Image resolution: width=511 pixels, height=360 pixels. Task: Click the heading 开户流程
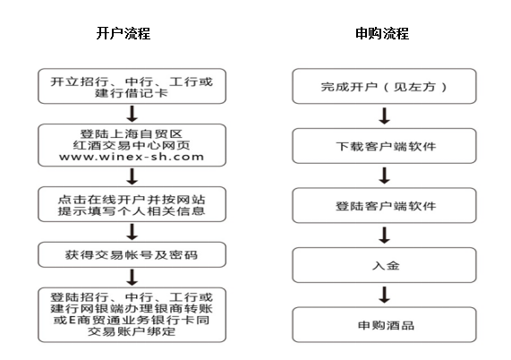coord(123,33)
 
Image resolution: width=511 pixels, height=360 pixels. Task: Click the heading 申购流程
coord(382,33)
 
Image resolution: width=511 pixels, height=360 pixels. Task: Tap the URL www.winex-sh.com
coord(132,157)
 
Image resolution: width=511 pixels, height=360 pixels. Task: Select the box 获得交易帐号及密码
coord(132,254)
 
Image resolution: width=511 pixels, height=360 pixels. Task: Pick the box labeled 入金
coord(384,265)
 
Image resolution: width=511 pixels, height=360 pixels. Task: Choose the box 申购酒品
coord(384,325)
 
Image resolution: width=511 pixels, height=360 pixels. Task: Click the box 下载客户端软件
coord(384,146)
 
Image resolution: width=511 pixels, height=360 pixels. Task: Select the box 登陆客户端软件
coord(384,205)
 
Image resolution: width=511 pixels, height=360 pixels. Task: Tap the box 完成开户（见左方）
coord(384,86)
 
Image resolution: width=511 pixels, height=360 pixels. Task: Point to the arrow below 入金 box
coord(385,295)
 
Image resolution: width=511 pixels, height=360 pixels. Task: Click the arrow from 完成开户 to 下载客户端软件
coord(385,116)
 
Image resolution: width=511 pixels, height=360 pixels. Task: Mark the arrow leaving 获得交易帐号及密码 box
coord(132,278)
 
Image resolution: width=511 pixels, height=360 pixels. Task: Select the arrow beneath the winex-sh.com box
coord(132,176)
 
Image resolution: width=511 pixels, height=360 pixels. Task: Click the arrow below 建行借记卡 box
coord(132,114)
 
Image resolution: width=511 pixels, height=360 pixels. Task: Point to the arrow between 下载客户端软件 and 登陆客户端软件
coord(385,176)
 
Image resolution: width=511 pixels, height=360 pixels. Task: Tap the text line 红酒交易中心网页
coord(132,145)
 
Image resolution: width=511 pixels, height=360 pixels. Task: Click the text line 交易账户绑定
coord(132,331)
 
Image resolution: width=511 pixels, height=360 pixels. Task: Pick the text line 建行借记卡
coord(132,93)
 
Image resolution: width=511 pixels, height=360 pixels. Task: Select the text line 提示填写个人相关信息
coord(132,210)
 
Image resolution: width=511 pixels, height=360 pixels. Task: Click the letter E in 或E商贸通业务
coord(72,321)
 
